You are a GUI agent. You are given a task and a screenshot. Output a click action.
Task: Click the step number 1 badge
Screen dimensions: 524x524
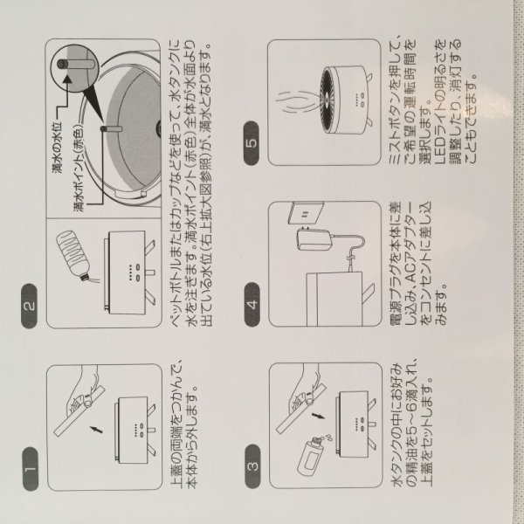click(31, 468)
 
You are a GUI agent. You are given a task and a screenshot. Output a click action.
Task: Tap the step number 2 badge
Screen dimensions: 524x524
click(30, 306)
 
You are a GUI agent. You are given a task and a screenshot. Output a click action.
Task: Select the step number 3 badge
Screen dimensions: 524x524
click(252, 465)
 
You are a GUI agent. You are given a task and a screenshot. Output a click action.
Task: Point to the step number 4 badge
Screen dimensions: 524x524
click(252, 304)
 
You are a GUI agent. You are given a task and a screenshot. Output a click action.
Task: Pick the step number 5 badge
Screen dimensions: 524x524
click(252, 143)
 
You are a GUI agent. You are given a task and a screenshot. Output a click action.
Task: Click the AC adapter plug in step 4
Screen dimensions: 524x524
click(314, 239)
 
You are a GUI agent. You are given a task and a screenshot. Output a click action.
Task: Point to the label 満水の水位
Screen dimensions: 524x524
click(58, 148)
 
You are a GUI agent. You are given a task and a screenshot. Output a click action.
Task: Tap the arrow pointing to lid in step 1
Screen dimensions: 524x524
click(96, 429)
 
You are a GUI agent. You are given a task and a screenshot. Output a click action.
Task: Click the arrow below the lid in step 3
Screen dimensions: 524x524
click(319, 416)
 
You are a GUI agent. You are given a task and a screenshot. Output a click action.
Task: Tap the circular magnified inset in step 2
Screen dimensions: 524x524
click(74, 64)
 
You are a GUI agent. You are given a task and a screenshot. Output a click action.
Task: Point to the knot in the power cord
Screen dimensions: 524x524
click(350, 259)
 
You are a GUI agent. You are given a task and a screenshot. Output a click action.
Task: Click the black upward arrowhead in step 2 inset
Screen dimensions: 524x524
click(67, 79)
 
